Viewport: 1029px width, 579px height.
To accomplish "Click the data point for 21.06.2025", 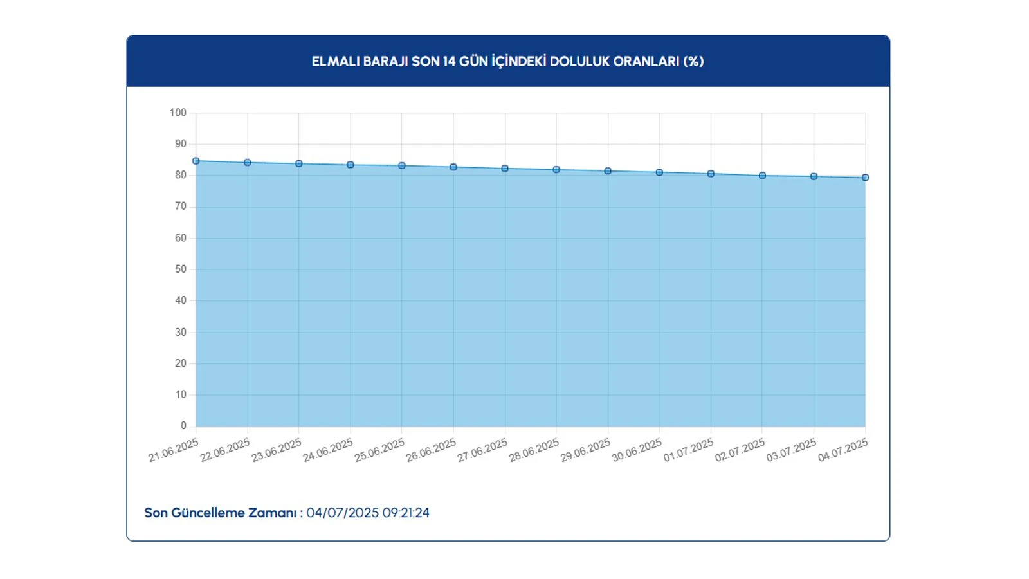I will point(196,161).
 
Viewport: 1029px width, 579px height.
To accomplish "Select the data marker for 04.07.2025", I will point(865,178).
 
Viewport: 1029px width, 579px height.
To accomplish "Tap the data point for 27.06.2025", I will point(505,169).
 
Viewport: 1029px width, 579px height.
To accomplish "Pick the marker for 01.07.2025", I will point(711,174).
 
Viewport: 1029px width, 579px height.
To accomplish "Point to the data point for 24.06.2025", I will point(351,165).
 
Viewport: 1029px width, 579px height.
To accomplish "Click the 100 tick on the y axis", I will point(178,113).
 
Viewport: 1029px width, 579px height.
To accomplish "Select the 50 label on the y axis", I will point(181,269).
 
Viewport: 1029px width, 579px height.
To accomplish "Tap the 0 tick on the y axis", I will point(183,426).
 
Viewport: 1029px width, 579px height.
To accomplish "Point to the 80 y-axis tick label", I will point(181,175).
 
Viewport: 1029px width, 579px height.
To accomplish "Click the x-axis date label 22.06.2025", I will point(225,450).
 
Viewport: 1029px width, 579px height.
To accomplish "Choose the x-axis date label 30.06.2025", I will point(637,450).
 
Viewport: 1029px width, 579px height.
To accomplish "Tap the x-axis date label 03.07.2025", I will point(791,450).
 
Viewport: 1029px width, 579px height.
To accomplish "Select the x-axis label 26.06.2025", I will point(431,450).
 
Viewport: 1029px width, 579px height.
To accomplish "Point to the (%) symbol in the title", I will point(693,62).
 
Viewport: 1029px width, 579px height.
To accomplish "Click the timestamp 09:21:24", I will point(406,513).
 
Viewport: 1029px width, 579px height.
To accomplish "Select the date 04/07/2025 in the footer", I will point(342,513).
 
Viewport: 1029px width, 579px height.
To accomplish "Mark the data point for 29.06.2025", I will point(608,171).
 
